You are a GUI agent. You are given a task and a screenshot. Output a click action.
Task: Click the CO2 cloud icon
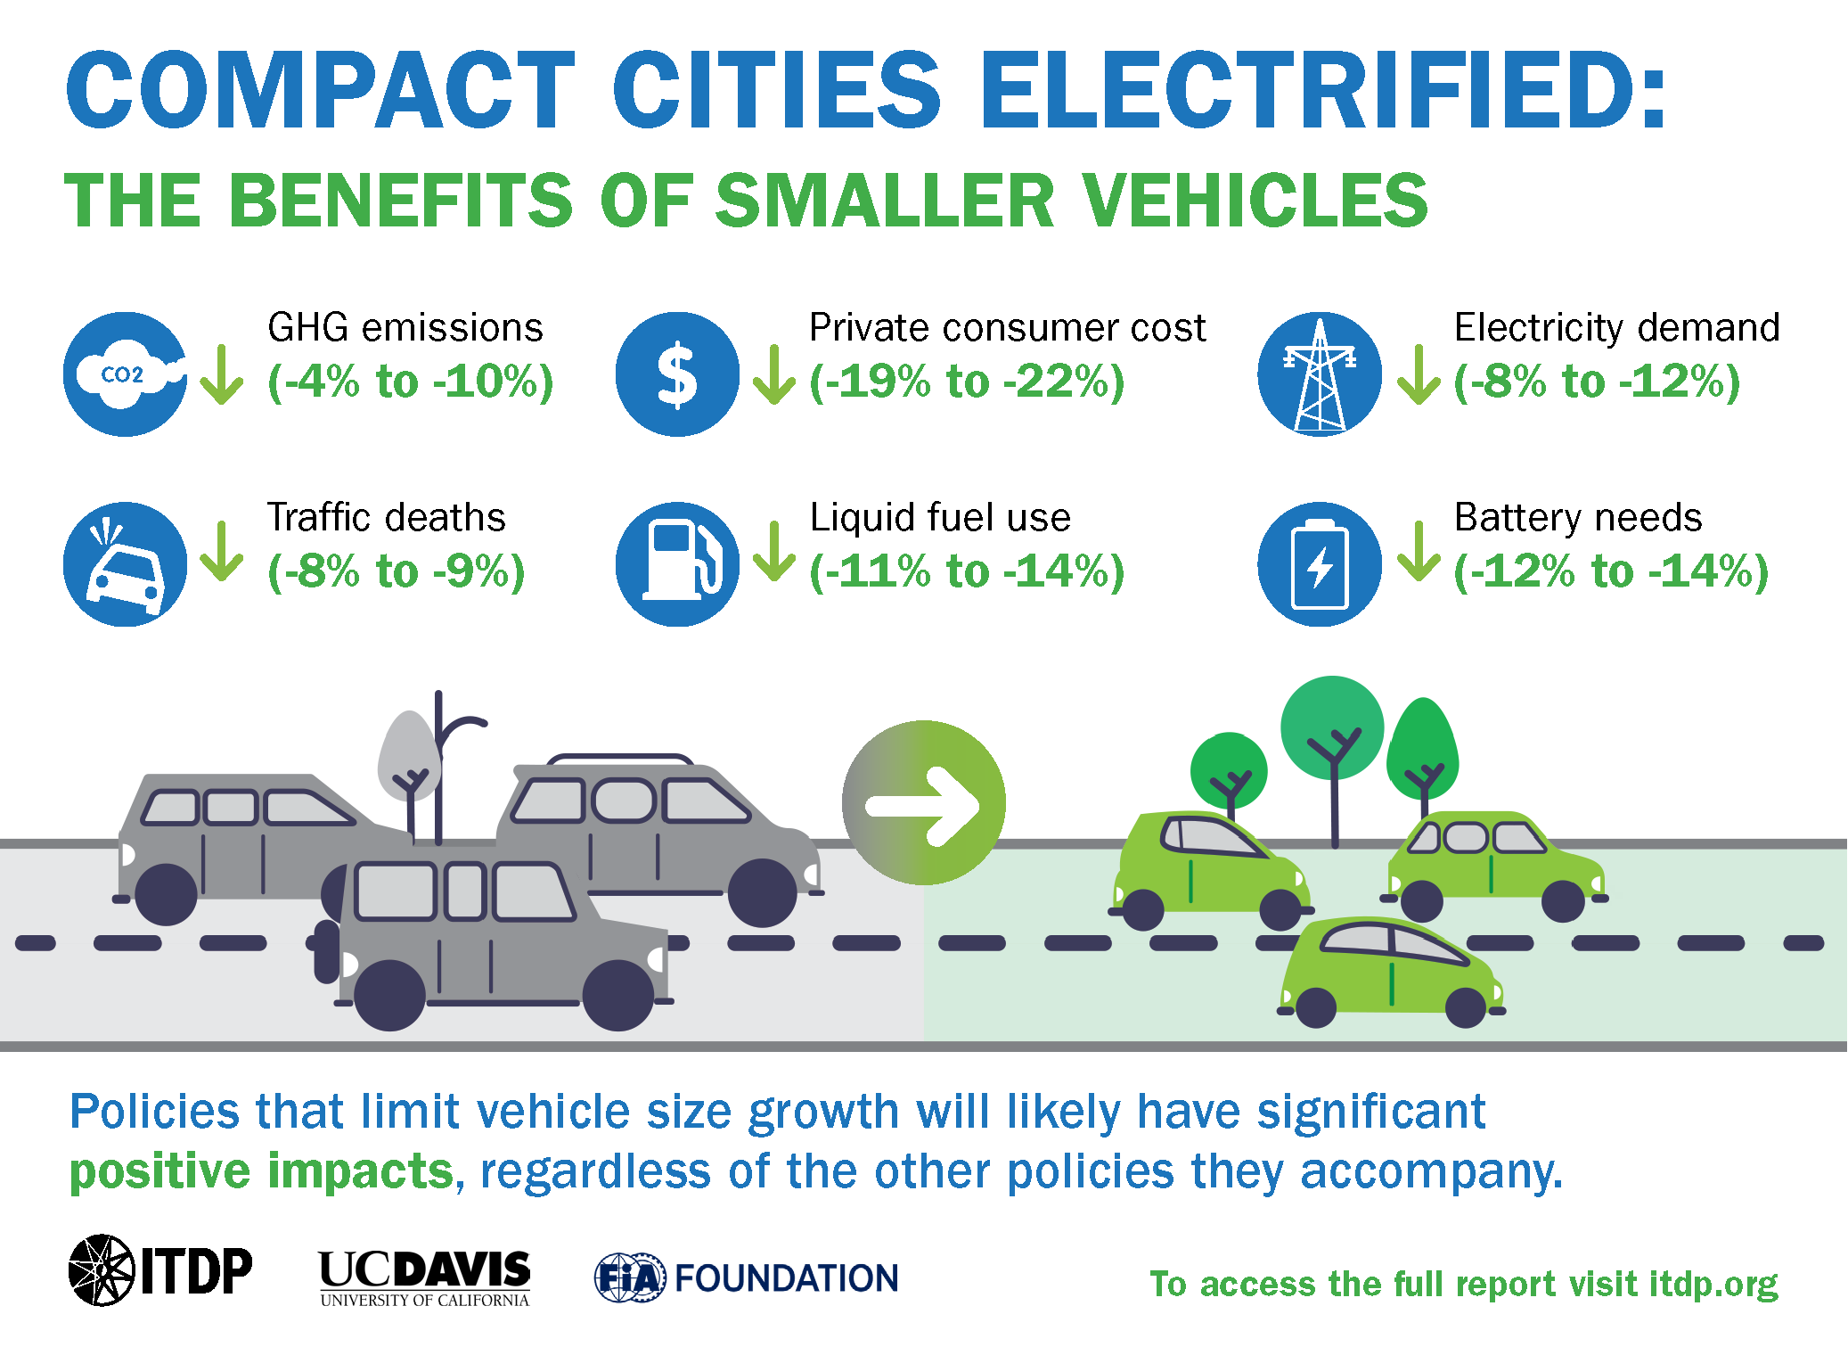click(x=126, y=374)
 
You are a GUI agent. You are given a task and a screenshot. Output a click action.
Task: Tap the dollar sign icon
click(x=677, y=374)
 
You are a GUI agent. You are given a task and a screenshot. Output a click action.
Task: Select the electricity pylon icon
click(x=1320, y=374)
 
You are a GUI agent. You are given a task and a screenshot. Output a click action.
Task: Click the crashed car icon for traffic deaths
click(x=126, y=564)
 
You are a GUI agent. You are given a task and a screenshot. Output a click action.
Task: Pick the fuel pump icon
click(x=677, y=564)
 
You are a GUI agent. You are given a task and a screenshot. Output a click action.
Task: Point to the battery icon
click(x=1320, y=564)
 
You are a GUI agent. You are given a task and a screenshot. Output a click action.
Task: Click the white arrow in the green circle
click(x=924, y=804)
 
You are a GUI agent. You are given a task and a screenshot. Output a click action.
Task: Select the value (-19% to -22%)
click(x=967, y=382)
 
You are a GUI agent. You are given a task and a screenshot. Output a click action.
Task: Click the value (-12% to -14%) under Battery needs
click(x=1611, y=571)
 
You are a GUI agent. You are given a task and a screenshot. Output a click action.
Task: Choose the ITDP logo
click(x=160, y=1270)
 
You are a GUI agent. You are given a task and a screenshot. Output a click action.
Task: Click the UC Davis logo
click(x=424, y=1277)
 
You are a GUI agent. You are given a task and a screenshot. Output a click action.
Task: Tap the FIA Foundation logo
click(x=747, y=1277)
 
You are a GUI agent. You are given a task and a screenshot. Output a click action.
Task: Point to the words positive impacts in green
click(x=262, y=1170)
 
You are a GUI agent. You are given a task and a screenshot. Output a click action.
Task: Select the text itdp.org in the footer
click(x=1713, y=1285)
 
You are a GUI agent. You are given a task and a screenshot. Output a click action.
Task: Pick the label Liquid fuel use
click(x=940, y=518)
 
